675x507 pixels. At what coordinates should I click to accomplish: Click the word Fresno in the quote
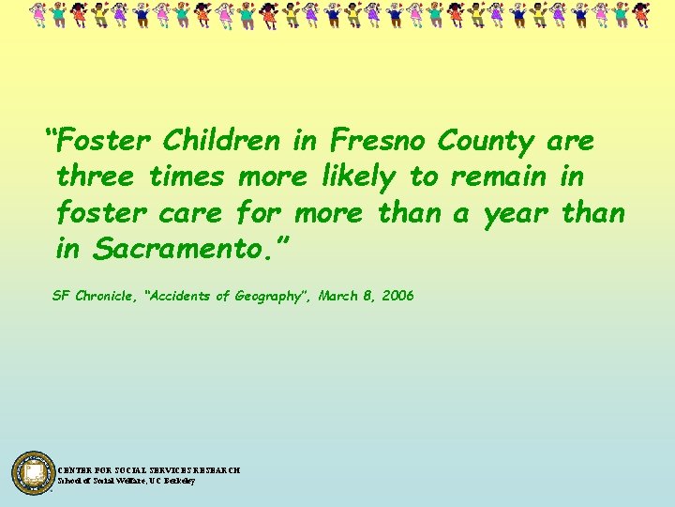coord(377,141)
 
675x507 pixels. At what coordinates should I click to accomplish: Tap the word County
coord(486,141)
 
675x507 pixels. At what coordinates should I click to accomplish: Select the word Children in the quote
coord(221,141)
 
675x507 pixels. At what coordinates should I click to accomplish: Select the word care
coord(190,213)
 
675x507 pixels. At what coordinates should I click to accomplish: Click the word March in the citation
coord(337,296)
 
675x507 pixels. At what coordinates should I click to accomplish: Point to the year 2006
coord(397,296)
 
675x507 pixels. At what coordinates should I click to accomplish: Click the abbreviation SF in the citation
coord(61,296)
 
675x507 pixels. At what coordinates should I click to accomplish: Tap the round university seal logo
coord(34,472)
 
